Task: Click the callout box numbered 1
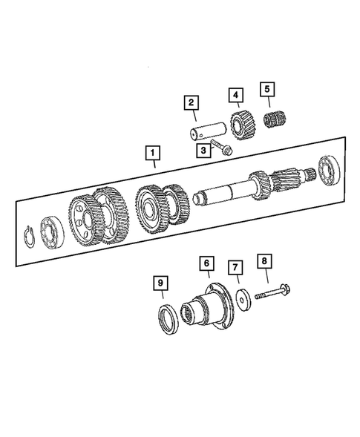(152, 154)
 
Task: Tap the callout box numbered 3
(201, 151)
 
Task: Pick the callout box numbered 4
(235, 95)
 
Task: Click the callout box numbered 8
(262, 261)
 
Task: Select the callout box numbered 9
(160, 283)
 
